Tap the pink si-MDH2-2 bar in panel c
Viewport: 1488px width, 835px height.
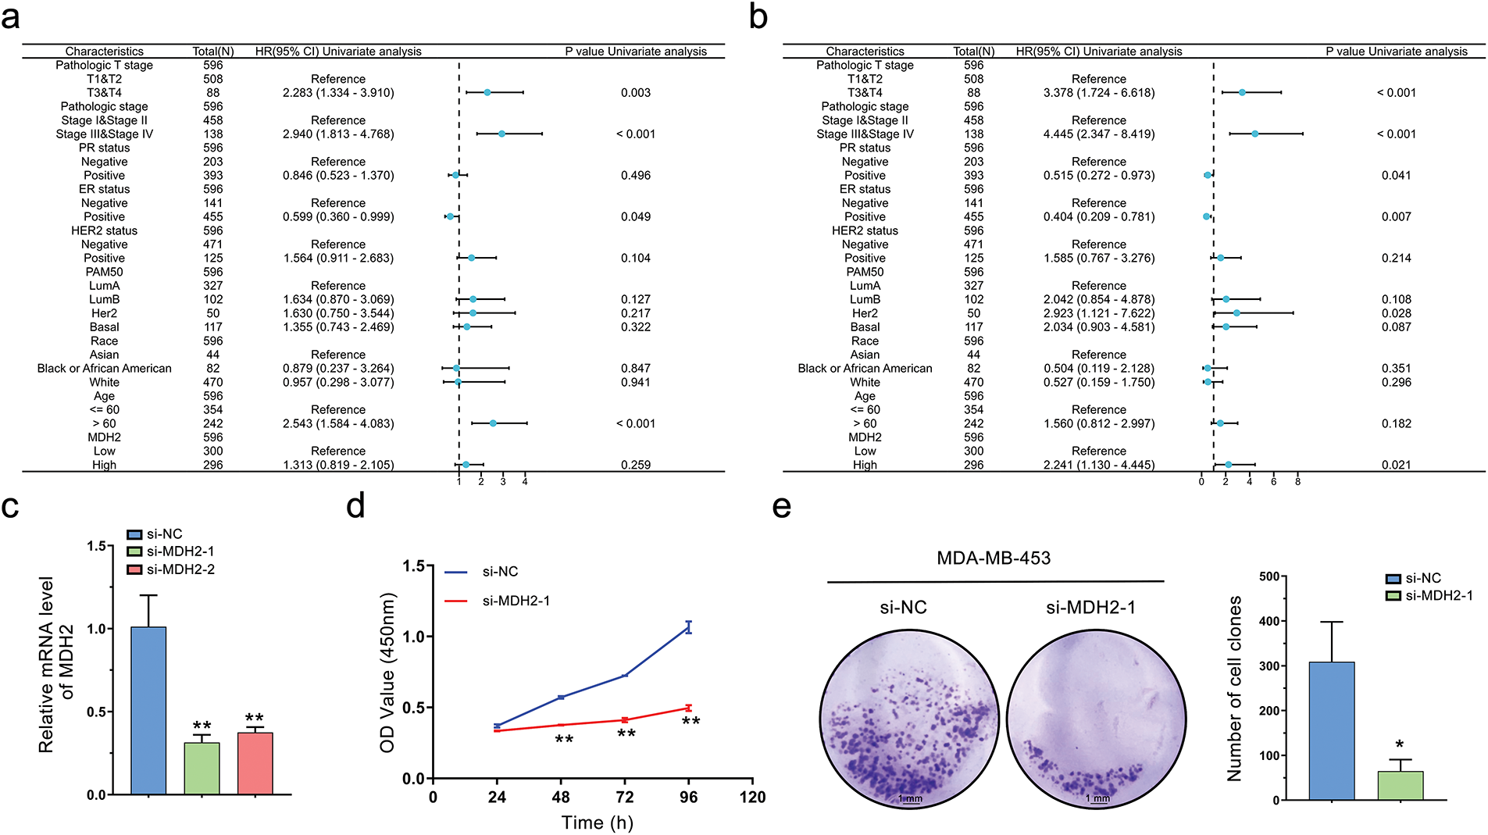click(x=255, y=763)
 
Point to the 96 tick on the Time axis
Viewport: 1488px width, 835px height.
click(x=688, y=797)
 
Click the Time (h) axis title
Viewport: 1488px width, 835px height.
click(x=597, y=823)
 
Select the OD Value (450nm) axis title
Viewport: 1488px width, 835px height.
click(x=387, y=673)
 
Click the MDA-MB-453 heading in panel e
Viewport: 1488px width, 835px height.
click(x=993, y=558)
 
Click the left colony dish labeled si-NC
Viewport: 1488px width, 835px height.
click(x=909, y=718)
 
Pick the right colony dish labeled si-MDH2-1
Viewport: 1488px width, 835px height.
click(x=1096, y=718)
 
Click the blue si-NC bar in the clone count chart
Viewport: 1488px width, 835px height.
click(x=1331, y=730)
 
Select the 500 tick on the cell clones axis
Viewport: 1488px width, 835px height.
click(x=1269, y=576)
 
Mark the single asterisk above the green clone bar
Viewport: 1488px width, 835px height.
click(x=1399, y=745)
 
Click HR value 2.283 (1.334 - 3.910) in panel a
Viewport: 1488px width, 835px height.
click(x=338, y=93)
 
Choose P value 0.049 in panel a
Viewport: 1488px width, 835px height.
click(x=635, y=217)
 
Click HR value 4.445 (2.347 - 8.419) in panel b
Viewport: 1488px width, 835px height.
click(x=1098, y=134)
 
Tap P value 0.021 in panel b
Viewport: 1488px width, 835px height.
click(x=1396, y=465)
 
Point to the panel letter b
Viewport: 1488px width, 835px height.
click(x=758, y=17)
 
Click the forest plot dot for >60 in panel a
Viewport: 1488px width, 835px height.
click(x=493, y=423)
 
